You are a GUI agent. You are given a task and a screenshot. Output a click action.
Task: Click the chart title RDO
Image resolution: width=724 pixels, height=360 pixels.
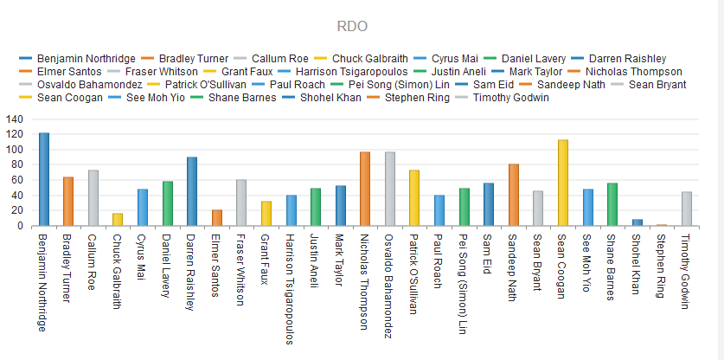pyautogui.click(x=352, y=26)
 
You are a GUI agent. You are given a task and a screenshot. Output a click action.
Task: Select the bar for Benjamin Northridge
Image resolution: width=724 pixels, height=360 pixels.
pyautogui.click(x=44, y=179)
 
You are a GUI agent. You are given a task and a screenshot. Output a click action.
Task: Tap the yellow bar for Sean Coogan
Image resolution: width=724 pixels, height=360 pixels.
pyautogui.click(x=563, y=183)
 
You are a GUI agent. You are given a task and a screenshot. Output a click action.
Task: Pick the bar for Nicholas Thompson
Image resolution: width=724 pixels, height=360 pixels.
pyautogui.click(x=365, y=189)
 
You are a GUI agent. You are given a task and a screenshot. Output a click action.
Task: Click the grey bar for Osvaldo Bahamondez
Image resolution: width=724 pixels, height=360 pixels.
pyautogui.click(x=390, y=189)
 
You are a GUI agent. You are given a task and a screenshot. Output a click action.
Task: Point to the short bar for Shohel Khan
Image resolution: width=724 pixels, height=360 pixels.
pyautogui.click(x=638, y=222)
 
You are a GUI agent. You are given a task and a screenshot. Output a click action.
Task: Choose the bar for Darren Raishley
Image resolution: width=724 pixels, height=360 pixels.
pyautogui.click(x=192, y=192)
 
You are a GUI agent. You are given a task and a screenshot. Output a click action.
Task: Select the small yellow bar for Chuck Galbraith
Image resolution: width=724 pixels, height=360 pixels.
pyautogui.click(x=118, y=220)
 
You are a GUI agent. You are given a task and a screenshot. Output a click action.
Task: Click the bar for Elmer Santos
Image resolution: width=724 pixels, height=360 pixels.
pyautogui.click(x=216, y=218)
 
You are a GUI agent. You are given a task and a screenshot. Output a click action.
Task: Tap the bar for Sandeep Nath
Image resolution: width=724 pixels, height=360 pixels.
pyautogui.click(x=514, y=195)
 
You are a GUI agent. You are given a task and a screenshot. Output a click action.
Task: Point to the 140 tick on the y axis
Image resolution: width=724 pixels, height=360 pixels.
pyautogui.click(x=15, y=119)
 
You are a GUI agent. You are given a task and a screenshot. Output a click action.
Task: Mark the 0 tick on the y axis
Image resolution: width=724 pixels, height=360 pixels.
pyautogui.click(x=20, y=226)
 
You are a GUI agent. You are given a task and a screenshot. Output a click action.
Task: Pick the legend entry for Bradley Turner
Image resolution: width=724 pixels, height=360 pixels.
pyautogui.click(x=185, y=59)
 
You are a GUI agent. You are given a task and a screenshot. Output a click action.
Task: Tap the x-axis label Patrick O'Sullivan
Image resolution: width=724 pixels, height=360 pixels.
pyautogui.click(x=414, y=274)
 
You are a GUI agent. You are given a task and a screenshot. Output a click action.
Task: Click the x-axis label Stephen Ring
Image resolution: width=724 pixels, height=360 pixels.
pyautogui.click(x=662, y=266)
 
